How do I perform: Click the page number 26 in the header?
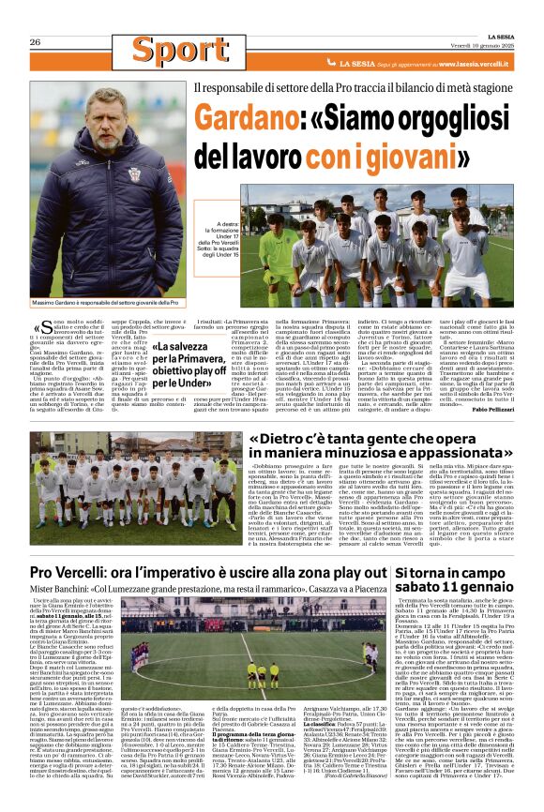point(35,42)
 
